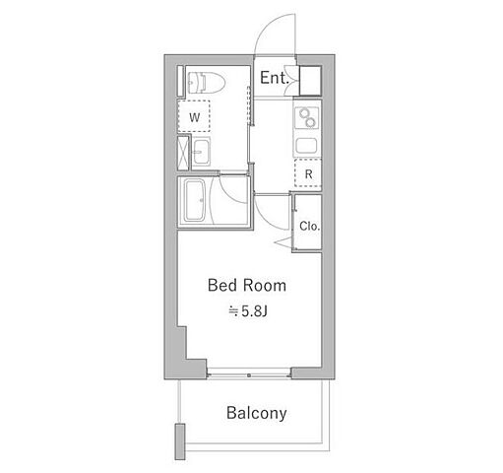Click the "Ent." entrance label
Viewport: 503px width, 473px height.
(275, 78)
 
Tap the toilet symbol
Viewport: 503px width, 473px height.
(206, 82)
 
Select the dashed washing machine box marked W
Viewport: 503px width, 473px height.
(194, 116)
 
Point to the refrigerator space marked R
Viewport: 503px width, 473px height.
(308, 173)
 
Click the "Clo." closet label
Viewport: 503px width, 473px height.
(309, 226)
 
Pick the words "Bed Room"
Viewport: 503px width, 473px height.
(247, 286)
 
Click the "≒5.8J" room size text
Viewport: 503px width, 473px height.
(248, 311)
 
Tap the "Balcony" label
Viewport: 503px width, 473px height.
(257, 413)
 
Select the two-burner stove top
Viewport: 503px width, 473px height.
(307, 117)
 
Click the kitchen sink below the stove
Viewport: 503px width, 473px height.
(307, 146)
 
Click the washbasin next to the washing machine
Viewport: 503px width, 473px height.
(201, 152)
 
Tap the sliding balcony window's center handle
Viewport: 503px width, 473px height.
(249, 375)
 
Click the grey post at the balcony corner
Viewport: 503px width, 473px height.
(180, 441)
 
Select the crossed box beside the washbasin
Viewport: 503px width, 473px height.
(183, 153)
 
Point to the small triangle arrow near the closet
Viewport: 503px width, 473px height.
(283, 242)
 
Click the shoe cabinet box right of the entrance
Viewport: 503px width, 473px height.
(310, 81)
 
